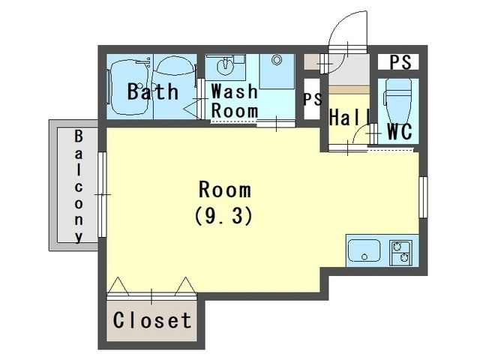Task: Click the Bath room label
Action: tap(153, 91)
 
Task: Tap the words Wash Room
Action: tap(235, 100)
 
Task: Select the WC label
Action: tap(400, 131)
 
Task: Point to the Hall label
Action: tap(350, 117)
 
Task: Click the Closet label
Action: tap(152, 320)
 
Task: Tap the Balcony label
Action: tap(79, 186)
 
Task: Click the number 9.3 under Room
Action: tap(223, 216)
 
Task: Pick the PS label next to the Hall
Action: tap(313, 99)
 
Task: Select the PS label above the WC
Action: tap(400, 62)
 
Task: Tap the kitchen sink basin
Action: tap(364, 250)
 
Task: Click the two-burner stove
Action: tap(400, 253)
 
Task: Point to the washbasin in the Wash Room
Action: tap(225, 67)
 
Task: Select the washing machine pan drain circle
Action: tap(277, 60)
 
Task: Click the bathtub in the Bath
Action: tap(129, 87)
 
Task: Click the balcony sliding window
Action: tap(102, 194)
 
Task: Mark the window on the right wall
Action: tap(423, 197)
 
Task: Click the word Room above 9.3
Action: tap(225, 190)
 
